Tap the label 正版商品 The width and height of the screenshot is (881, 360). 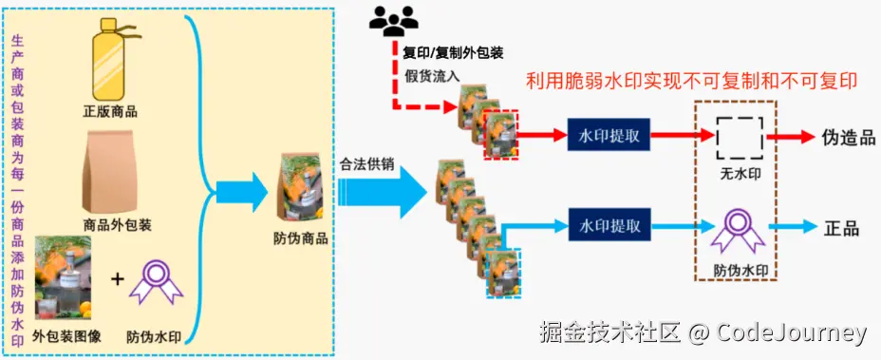110,111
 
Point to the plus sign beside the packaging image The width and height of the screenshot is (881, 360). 118,279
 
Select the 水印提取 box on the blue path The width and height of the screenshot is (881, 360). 609,227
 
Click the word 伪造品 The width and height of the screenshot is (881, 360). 848,137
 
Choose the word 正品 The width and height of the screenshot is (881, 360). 842,228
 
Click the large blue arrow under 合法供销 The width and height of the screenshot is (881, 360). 384,195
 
